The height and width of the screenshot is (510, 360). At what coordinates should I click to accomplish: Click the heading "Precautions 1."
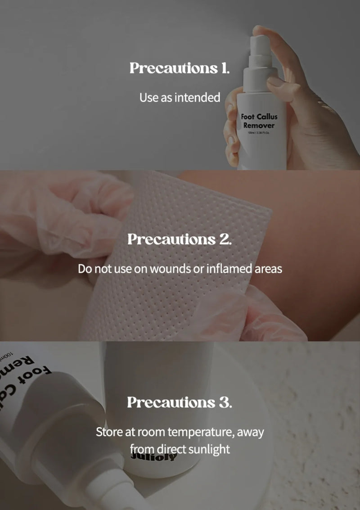pos(180,68)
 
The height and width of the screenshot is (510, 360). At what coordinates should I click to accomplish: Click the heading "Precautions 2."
pos(180,239)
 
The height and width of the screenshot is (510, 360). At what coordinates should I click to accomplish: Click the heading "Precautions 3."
pos(180,402)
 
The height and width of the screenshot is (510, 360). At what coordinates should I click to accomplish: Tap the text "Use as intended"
pos(180,97)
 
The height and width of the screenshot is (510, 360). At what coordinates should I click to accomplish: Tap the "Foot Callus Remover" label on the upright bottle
pos(259,121)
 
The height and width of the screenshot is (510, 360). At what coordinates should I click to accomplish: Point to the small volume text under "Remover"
pos(259,133)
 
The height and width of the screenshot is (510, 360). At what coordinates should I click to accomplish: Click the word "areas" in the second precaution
pos(268,269)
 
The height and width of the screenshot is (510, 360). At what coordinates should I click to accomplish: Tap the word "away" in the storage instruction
pos(250,432)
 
